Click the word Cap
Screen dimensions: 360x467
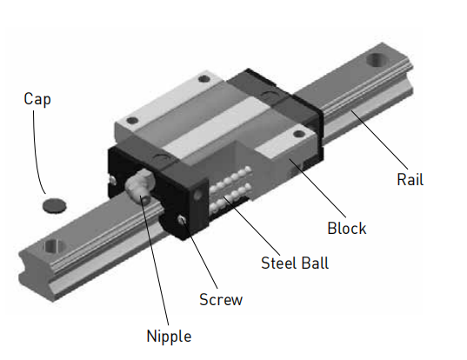coord(37,99)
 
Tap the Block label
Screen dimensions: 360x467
coord(346,229)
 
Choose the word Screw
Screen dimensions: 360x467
coord(221,300)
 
